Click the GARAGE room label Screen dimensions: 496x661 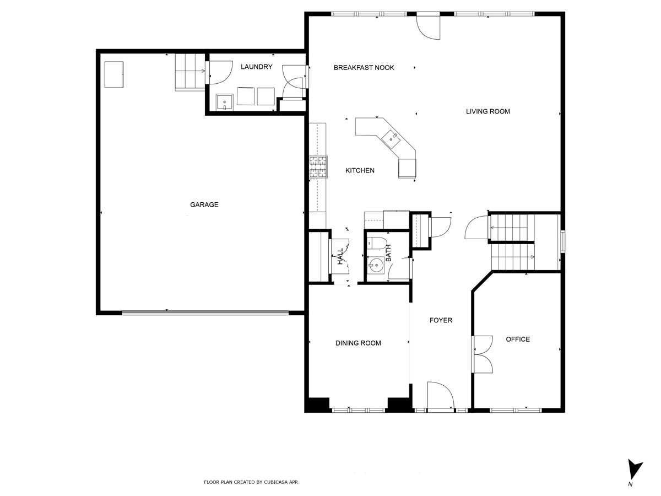click(x=204, y=204)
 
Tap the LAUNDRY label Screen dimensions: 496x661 click(x=257, y=67)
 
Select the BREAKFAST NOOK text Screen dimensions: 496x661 click(x=364, y=68)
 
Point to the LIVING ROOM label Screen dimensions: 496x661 click(x=488, y=111)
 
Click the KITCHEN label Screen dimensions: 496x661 click(x=360, y=171)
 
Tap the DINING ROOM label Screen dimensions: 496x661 click(x=358, y=343)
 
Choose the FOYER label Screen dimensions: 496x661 click(x=441, y=320)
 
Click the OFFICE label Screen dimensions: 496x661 click(x=518, y=339)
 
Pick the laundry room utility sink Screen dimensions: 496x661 click(x=225, y=103)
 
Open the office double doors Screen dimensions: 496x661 click(x=480, y=354)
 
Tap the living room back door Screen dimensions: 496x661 click(x=429, y=26)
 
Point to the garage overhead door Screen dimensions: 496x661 click(x=205, y=312)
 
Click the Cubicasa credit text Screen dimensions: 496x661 click(x=251, y=482)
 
